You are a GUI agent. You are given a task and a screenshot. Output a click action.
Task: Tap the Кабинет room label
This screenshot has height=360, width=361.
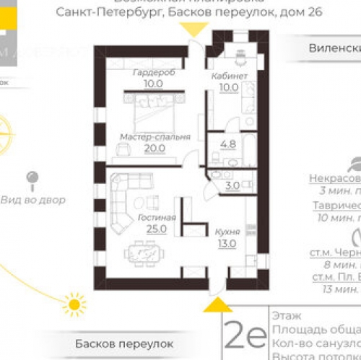230,76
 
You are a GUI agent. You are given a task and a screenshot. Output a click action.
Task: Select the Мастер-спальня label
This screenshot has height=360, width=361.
155,136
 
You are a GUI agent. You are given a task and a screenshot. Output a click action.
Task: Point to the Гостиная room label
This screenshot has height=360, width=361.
155,217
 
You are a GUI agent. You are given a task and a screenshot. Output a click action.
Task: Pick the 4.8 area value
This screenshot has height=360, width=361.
228,144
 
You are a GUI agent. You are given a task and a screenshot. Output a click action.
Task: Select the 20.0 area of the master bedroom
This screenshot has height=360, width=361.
155,148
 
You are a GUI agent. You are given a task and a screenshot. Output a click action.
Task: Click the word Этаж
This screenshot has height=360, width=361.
284,315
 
